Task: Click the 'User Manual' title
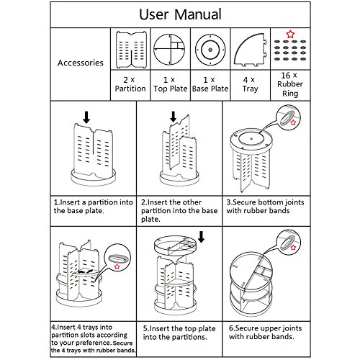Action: (x=180, y=14)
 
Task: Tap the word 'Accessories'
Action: (x=81, y=63)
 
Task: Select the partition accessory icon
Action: (x=131, y=50)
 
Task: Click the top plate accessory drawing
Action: (x=169, y=50)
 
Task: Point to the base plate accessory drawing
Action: (x=210, y=50)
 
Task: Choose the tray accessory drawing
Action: (x=251, y=50)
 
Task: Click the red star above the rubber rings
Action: (x=290, y=34)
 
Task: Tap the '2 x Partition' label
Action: (x=130, y=84)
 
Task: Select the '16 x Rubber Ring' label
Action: (x=290, y=84)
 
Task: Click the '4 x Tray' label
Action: (x=250, y=84)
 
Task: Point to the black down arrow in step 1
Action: (x=86, y=117)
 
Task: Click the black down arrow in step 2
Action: (x=173, y=117)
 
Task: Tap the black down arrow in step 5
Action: (x=201, y=237)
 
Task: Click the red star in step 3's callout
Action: (x=293, y=122)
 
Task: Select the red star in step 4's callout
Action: (x=117, y=266)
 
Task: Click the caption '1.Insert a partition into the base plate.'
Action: (x=94, y=207)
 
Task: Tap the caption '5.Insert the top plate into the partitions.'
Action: (x=179, y=333)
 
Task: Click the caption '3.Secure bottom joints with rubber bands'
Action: (x=265, y=207)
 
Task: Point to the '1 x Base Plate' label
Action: (x=210, y=84)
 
